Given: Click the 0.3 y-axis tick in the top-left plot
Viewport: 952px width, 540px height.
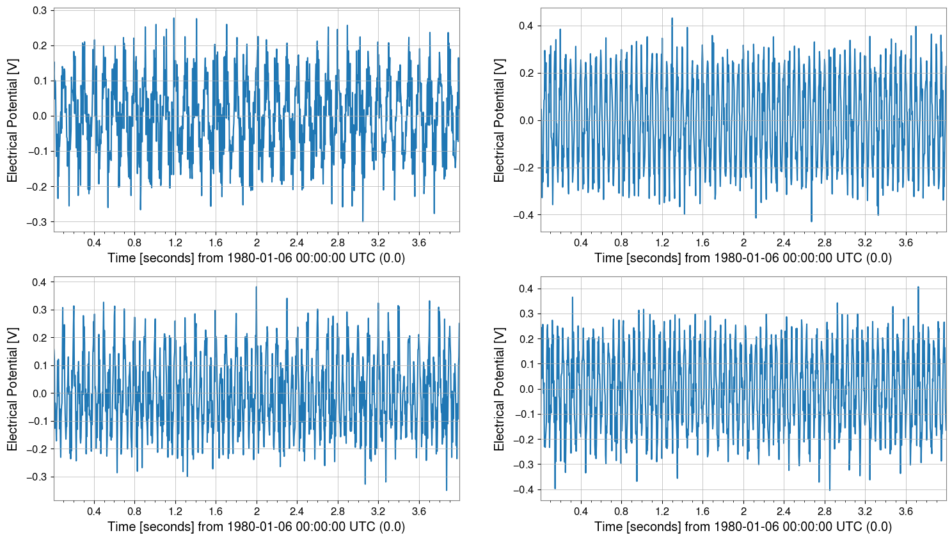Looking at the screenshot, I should [39, 10].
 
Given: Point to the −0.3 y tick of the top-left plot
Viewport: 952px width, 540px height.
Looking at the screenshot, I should [37, 221].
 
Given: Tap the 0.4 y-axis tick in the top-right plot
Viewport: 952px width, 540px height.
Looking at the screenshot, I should [526, 26].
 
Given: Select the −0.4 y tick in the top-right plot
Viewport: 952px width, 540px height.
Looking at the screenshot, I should [524, 215].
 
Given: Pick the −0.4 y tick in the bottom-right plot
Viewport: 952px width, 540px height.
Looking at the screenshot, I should [524, 489].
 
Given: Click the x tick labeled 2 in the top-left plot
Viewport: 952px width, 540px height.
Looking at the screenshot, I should [257, 243].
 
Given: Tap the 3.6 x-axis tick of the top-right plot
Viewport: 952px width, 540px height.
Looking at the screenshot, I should [905, 243].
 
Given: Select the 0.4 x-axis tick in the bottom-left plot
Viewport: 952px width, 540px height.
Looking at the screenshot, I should [94, 512].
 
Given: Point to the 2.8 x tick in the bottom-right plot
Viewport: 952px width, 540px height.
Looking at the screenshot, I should [824, 512].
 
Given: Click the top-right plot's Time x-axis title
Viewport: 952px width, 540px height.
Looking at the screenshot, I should [743, 258].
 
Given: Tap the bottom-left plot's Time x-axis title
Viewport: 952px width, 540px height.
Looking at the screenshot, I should [256, 527].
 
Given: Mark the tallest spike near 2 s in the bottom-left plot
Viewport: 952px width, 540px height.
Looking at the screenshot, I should [257, 287].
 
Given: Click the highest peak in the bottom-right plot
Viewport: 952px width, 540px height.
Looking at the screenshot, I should [918, 287].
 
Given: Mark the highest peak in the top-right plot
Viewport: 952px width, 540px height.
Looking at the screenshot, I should [672, 18].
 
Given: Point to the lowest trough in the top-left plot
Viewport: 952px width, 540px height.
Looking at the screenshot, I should [363, 221].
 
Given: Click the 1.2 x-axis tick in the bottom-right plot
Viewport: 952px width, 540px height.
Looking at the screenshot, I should [662, 512].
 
